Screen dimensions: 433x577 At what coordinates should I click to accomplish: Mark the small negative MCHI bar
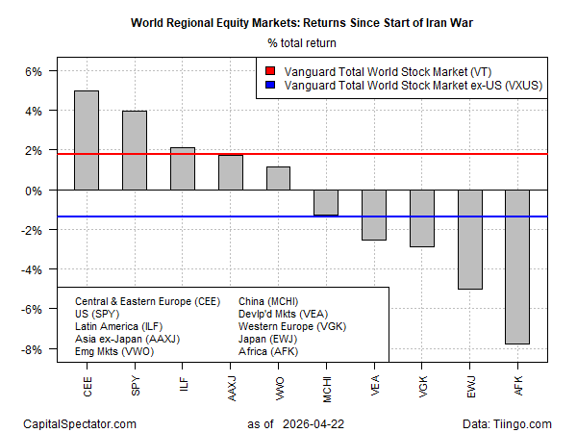(x=327, y=202)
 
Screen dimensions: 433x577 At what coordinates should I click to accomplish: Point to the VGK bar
(x=422, y=218)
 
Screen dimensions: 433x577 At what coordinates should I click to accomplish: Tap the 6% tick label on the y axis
(x=33, y=71)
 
